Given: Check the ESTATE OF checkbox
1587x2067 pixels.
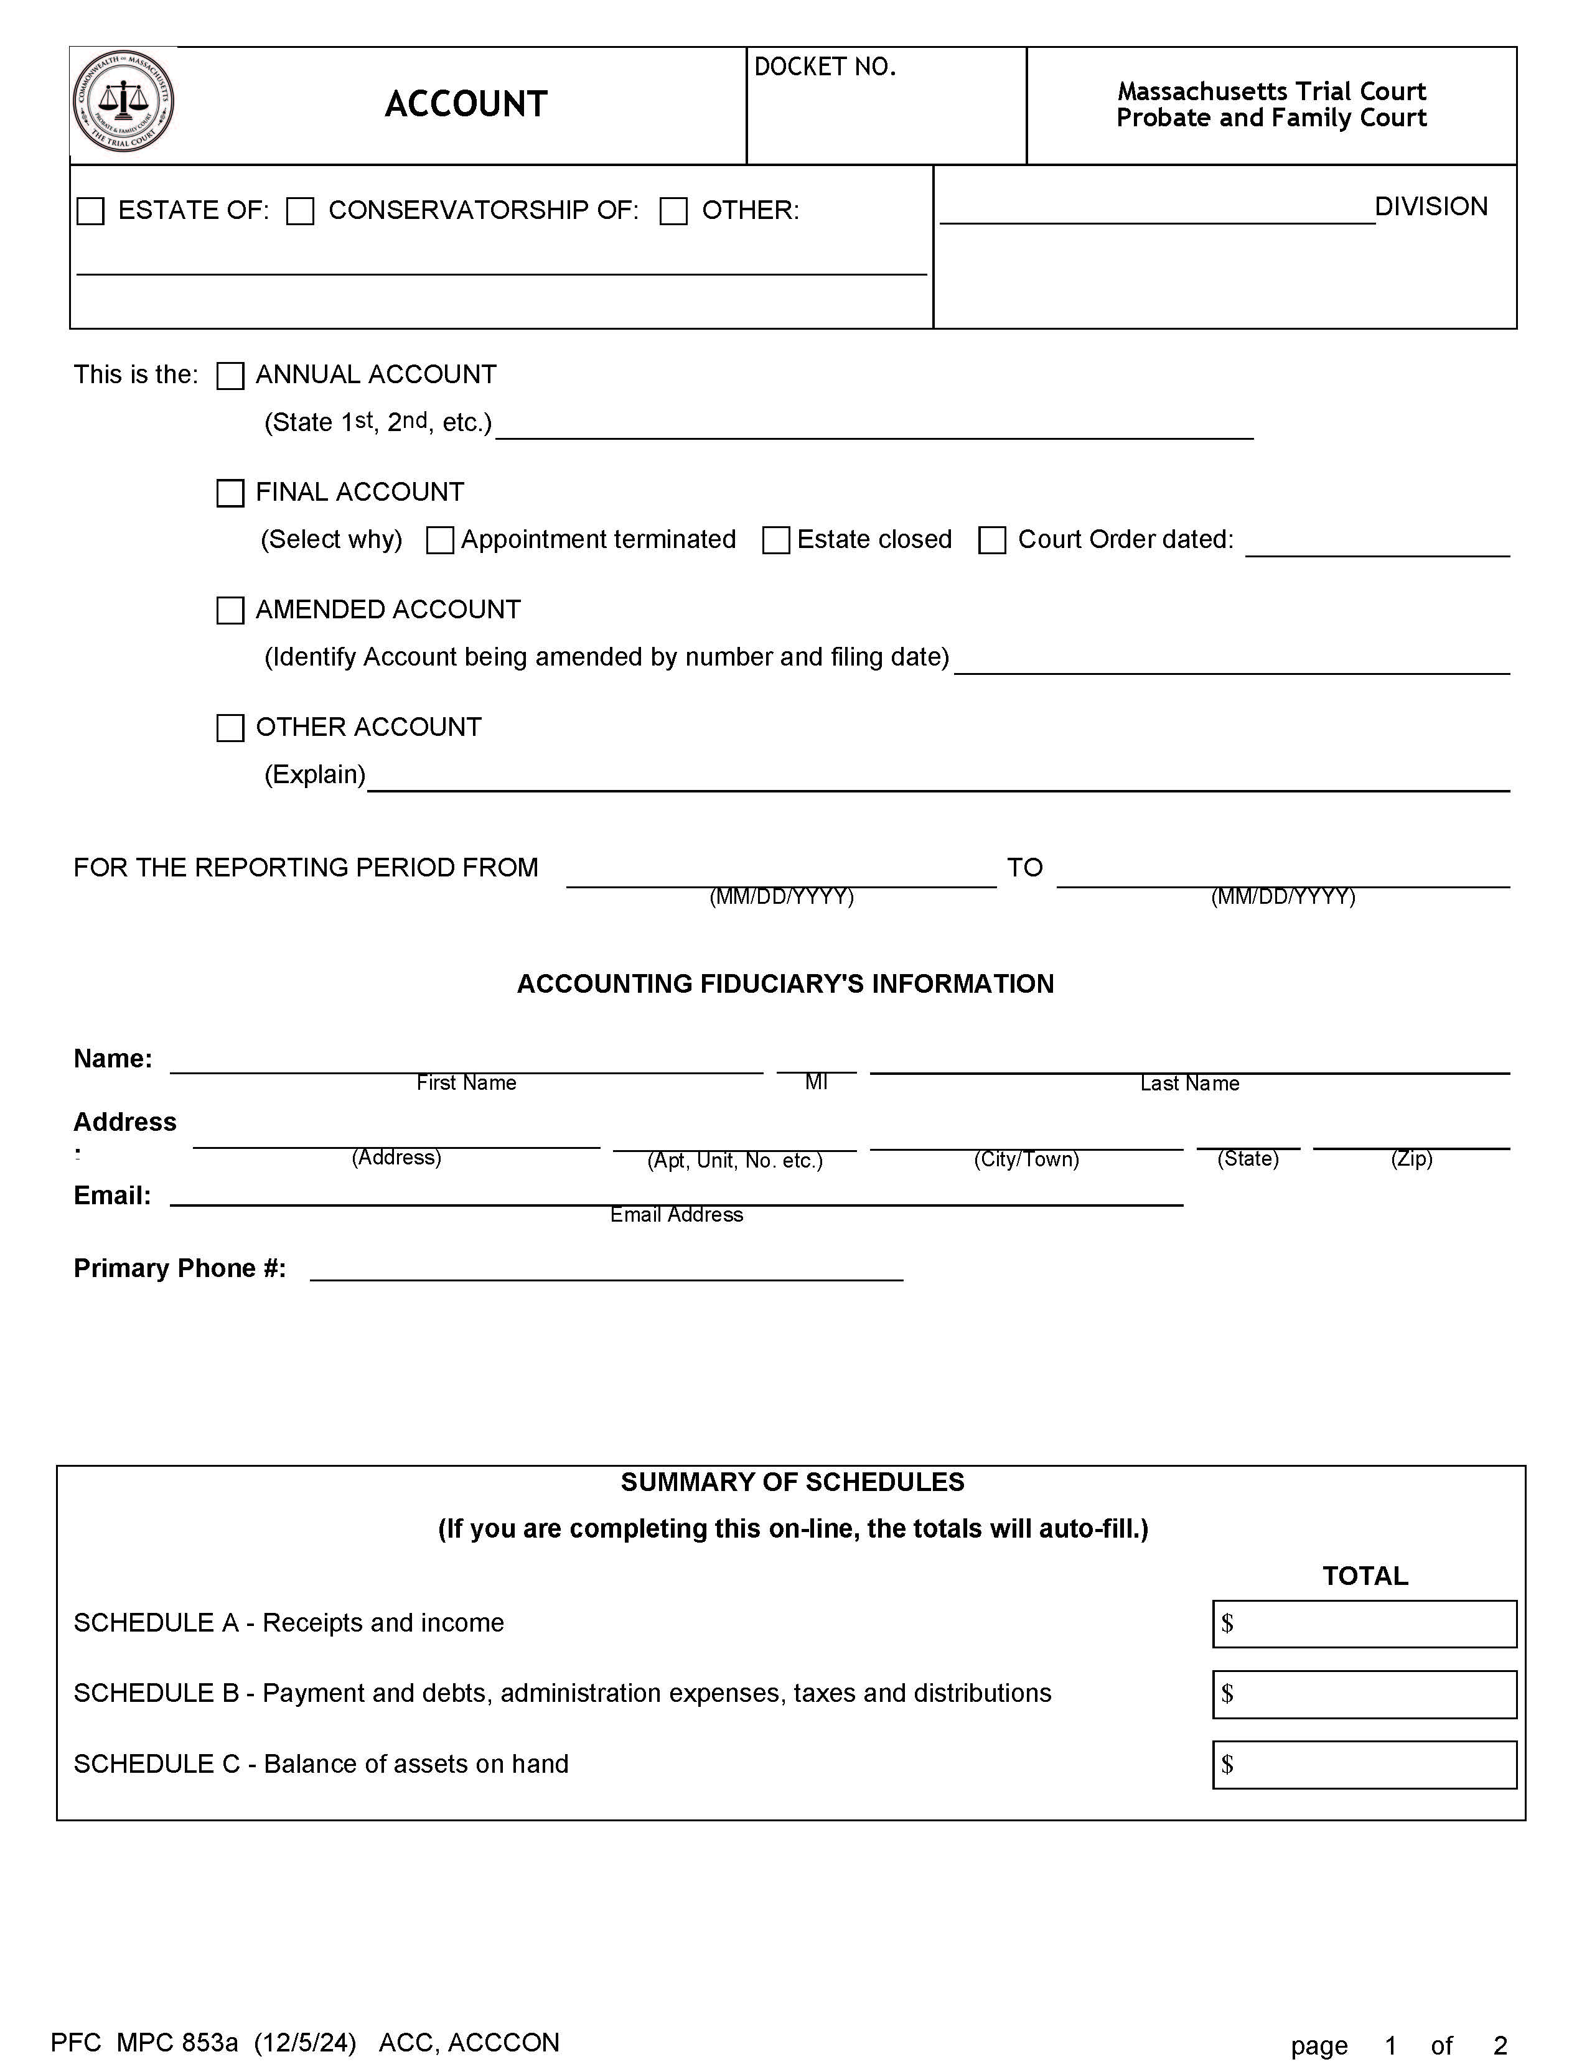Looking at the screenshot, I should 91,211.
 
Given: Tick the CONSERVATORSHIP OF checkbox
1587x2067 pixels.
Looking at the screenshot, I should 301,211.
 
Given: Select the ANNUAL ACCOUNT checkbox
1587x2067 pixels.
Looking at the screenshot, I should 230,376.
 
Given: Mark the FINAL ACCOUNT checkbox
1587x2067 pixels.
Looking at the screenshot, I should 230,493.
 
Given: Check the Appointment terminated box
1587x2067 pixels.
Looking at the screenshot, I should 440,540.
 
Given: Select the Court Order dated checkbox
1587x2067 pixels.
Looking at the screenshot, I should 992,540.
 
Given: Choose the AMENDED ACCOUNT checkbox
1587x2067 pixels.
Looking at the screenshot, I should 230,611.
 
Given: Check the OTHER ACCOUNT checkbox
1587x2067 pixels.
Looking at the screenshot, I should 230,728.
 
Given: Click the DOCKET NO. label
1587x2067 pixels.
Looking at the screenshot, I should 825,67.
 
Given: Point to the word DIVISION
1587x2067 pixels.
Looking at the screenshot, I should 1430,207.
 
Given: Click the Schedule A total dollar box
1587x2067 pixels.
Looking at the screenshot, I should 1364,1624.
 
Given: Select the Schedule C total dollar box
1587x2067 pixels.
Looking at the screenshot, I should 1364,1765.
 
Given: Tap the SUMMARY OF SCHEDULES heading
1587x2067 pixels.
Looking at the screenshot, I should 792,1482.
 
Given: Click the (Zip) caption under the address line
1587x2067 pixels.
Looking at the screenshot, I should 1411,1159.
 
